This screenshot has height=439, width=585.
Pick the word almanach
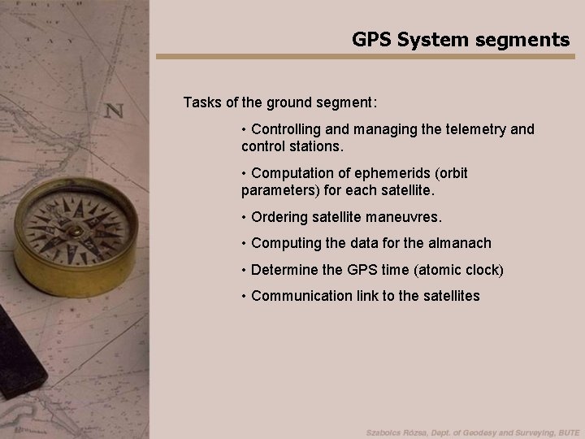point(463,242)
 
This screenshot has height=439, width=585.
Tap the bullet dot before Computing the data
point(245,242)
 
